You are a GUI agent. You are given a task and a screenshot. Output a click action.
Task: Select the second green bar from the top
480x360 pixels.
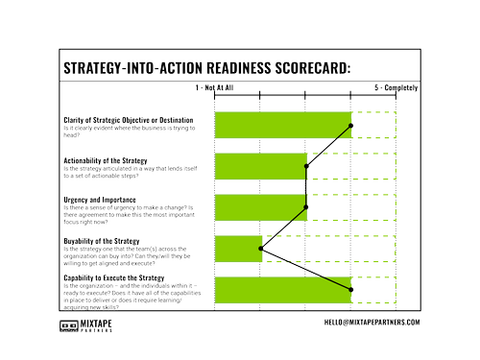(259, 165)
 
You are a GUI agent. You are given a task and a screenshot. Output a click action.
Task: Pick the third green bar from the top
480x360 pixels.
(259, 206)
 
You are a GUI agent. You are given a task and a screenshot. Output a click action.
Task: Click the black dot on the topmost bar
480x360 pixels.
(352, 125)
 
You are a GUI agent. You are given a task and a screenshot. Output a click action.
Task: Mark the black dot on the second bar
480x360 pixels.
(306, 165)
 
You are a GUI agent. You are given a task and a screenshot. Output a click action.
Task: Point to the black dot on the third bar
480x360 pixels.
(306, 206)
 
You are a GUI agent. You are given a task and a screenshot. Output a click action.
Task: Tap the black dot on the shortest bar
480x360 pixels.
(260, 248)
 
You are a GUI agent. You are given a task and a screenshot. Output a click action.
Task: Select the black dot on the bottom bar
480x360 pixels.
(352, 288)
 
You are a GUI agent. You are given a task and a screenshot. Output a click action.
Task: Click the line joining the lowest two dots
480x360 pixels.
(306, 268)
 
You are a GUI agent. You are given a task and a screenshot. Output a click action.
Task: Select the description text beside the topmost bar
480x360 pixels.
(134, 125)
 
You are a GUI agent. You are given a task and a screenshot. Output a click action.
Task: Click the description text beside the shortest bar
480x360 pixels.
(134, 248)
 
